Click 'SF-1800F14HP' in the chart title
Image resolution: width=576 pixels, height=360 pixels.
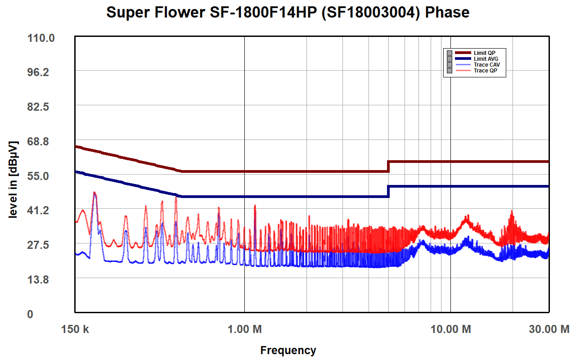pos(235,13)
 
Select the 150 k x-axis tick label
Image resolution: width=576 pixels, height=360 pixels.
pos(75,329)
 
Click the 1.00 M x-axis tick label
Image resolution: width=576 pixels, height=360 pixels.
pos(244,329)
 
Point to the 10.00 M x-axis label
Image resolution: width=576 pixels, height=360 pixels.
pos(451,329)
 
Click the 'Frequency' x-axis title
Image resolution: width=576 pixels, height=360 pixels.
pos(288,350)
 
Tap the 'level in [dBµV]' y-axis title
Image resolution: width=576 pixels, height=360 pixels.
pos(13,180)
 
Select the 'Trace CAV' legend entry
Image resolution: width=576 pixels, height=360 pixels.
pos(486,65)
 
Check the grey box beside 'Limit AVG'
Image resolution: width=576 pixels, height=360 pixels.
pos(449,59)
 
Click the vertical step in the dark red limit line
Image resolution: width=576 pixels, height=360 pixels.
pos(388,166)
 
